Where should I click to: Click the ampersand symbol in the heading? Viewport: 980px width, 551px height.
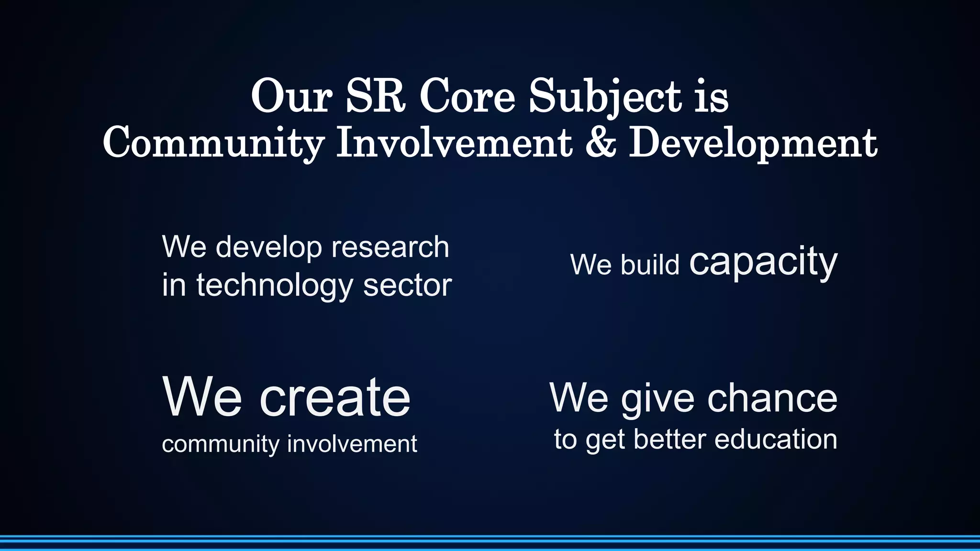click(x=601, y=143)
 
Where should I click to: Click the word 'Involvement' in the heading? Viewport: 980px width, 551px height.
click(x=454, y=143)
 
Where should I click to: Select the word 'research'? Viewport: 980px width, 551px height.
click(x=390, y=247)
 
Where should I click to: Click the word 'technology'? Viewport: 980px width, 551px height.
click(x=275, y=286)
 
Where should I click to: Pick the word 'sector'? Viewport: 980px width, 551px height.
click(x=407, y=286)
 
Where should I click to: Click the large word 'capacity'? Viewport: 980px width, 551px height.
click(x=763, y=263)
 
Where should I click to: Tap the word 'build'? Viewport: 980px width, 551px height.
click(x=650, y=264)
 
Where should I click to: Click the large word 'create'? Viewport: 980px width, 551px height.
click(x=335, y=397)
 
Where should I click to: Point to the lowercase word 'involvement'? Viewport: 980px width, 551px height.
click(x=352, y=443)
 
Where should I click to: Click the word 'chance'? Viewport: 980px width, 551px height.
click(x=772, y=398)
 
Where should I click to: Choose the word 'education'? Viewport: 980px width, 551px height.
click(x=776, y=439)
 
